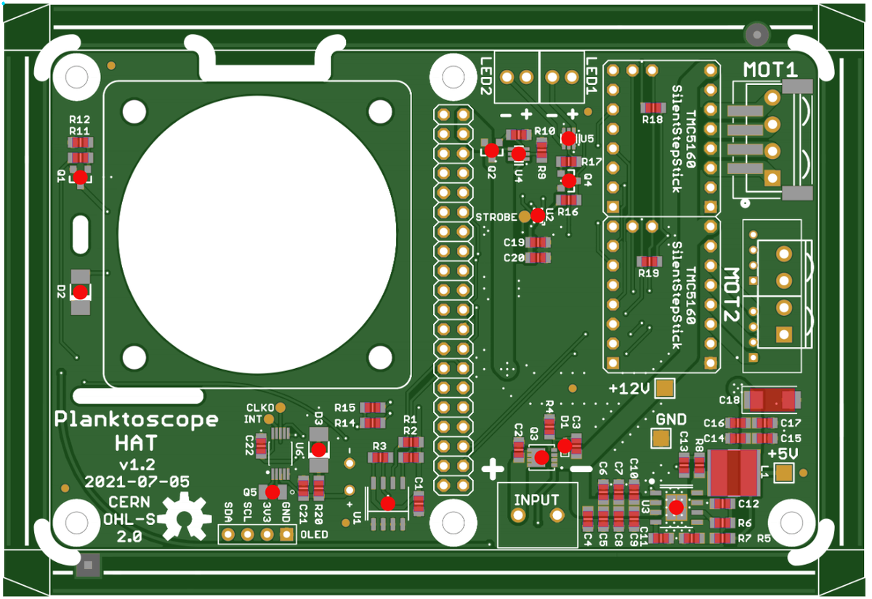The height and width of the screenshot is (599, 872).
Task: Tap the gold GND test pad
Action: pos(661,439)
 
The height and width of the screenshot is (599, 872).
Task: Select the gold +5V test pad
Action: pos(784,473)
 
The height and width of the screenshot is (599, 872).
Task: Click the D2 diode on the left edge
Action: pos(80,291)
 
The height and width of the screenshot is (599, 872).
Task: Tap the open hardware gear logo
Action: pos(183,518)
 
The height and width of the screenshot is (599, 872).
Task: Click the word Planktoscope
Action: pos(137,420)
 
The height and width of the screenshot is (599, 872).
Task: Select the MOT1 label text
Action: pos(770,70)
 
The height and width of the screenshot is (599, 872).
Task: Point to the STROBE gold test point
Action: pos(525,216)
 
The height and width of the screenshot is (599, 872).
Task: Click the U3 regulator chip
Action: pos(677,508)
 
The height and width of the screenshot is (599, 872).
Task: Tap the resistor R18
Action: pos(652,107)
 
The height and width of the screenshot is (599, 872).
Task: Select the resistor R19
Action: pos(648,261)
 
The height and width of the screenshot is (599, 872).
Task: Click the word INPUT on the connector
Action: pos(536,500)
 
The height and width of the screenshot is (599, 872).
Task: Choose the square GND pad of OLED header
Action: pos(286,535)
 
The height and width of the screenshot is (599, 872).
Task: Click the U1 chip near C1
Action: pos(388,502)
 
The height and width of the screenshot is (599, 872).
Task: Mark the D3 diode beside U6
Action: pos(318,449)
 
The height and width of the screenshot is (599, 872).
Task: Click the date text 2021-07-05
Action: pos(137,481)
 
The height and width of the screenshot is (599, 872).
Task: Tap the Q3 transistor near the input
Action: pos(541,457)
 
